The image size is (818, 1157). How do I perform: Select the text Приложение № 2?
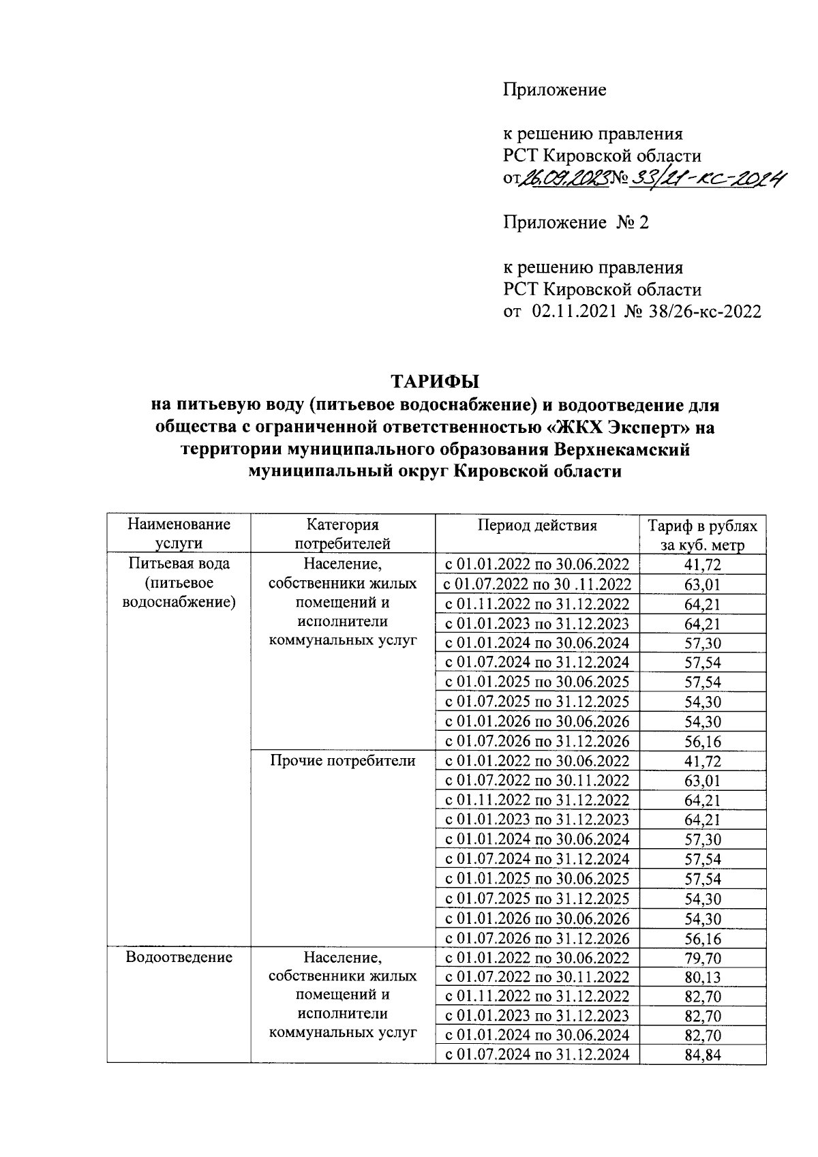[575, 222]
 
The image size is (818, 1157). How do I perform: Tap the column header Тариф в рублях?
[702, 526]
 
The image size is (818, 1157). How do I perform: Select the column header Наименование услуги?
[179, 533]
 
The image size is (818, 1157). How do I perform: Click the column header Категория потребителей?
[342, 533]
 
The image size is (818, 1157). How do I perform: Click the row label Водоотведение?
[179, 957]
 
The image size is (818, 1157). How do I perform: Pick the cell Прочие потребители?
[342, 761]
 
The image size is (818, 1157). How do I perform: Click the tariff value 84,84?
[702, 1056]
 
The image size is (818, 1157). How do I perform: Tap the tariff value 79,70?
[702, 958]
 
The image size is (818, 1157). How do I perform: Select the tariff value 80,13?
[702, 978]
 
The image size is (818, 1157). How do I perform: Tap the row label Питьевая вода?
[179, 564]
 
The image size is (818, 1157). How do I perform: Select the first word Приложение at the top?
[554, 90]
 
